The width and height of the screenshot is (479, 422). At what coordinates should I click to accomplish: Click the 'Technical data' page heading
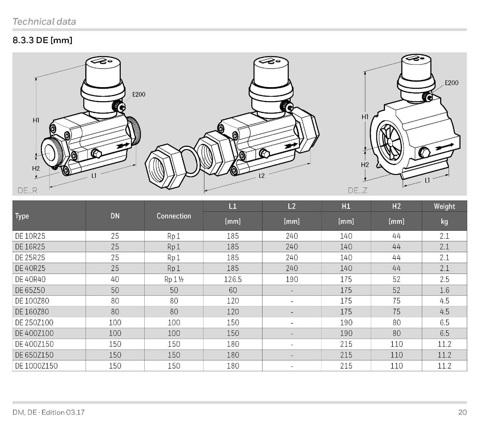pyautogui.click(x=44, y=21)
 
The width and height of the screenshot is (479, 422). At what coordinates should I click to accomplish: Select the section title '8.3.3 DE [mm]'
pyautogui.click(x=42, y=40)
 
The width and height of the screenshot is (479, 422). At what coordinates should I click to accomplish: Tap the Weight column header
pyautogui.click(x=444, y=207)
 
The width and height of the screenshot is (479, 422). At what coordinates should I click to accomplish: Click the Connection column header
pyautogui.click(x=174, y=216)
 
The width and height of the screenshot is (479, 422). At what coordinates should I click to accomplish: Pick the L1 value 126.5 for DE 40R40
pyautogui.click(x=233, y=279)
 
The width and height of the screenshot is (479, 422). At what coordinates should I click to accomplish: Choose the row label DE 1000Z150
pyautogui.click(x=36, y=366)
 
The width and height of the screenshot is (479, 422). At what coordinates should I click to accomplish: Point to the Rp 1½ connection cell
pyautogui.click(x=174, y=279)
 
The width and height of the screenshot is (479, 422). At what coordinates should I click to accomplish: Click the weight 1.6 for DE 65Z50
pyautogui.click(x=444, y=290)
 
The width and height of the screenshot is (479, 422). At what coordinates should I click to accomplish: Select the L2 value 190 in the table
pyautogui.click(x=292, y=279)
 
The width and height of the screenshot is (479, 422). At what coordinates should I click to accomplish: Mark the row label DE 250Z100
pyautogui.click(x=34, y=322)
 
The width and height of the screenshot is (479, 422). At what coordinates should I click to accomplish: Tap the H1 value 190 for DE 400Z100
pyautogui.click(x=346, y=333)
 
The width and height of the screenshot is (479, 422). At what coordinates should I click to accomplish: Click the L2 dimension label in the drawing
pyautogui.click(x=262, y=176)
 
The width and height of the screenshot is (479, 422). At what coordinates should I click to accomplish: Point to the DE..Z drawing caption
pyautogui.click(x=357, y=190)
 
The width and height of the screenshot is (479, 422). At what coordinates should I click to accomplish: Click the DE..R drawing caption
pyautogui.click(x=27, y=190)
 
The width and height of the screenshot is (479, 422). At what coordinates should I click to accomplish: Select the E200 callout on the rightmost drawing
pyautogui.click(x=452, y=83)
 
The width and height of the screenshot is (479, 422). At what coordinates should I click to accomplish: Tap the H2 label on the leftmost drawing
pyautogui.click(x=36, y=168)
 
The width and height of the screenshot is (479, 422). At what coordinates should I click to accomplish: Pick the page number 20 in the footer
pyautogui.click(x=462, y=412)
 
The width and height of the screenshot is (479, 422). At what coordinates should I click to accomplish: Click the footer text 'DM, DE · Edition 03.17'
pyautogui.click(x=49, y=412)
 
